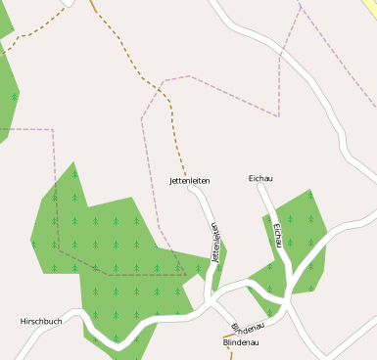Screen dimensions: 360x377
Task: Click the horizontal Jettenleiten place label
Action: pos(190,181)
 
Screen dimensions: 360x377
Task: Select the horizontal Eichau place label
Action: pos(260,179)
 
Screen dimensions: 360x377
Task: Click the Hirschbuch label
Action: pos(41,321)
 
